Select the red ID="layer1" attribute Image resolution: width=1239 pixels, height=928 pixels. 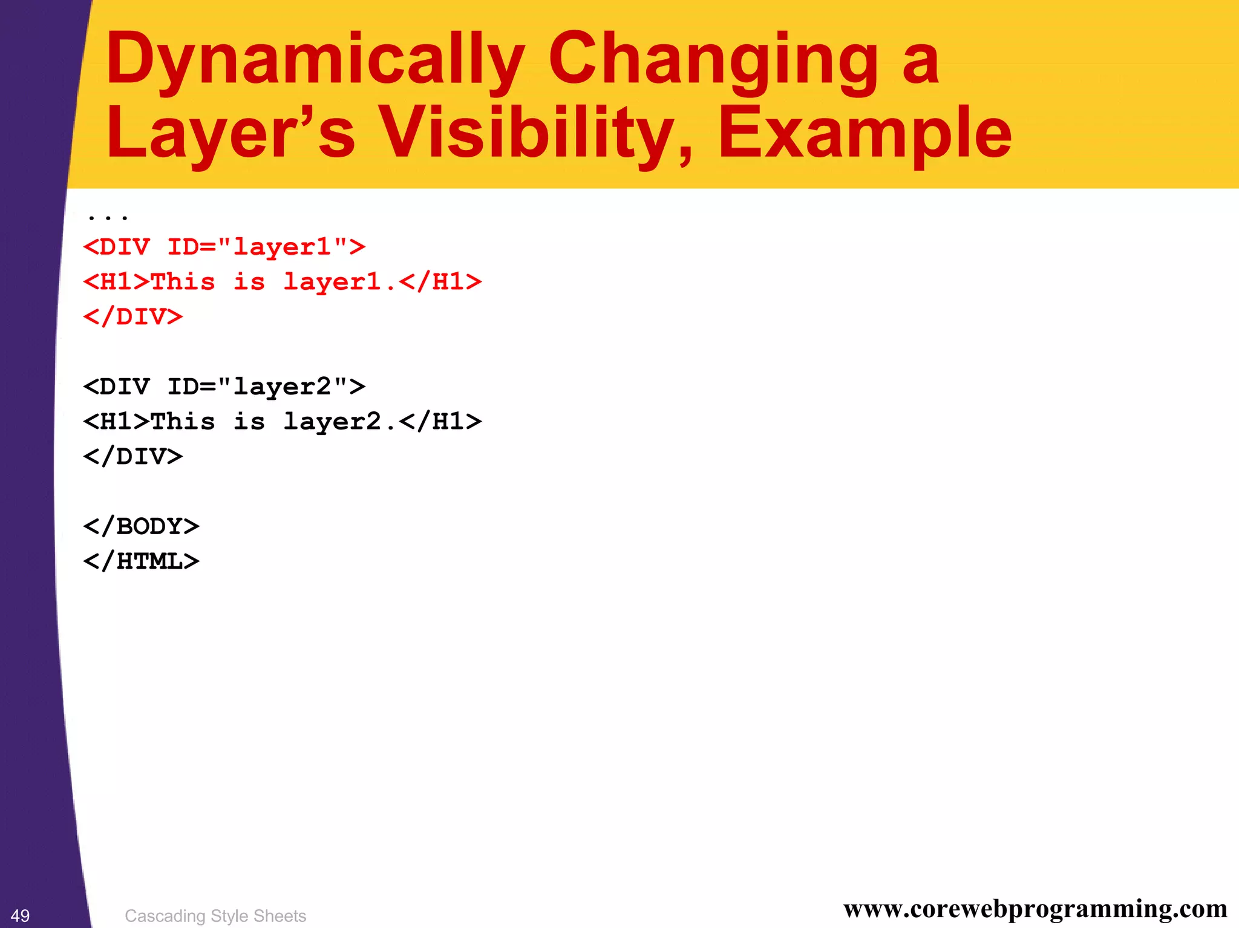click(x=266, y=247)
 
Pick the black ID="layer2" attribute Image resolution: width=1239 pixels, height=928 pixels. click(x=266, y=387)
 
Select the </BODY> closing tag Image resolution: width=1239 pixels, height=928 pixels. click(x=141, y=526)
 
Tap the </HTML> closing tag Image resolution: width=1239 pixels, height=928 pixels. click(x=141, y=561)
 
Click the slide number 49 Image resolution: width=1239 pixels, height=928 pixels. click(x=20, y=916)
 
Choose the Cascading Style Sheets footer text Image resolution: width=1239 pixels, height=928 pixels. click(x=215, y=916)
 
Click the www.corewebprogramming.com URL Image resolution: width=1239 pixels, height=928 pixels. click(x=1035, y=909)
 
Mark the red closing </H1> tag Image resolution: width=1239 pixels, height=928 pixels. click(x=440, y=282)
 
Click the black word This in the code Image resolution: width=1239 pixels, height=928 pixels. click(x=183, y=422)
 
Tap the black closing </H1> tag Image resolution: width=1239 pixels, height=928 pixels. click(x=440, y=422)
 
